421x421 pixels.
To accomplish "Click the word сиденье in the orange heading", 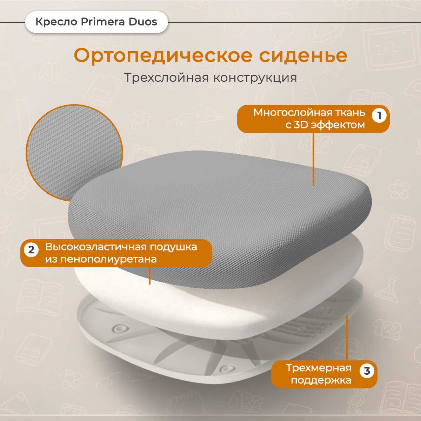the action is click(303, 56).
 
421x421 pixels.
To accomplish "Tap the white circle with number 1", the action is click(379, 115).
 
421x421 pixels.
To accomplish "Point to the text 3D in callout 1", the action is click(301, 125).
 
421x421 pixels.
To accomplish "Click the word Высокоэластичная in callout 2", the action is click(96, 247).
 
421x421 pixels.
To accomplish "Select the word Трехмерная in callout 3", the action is click(318, 368).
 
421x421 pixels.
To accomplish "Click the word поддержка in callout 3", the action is click(321, 381).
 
